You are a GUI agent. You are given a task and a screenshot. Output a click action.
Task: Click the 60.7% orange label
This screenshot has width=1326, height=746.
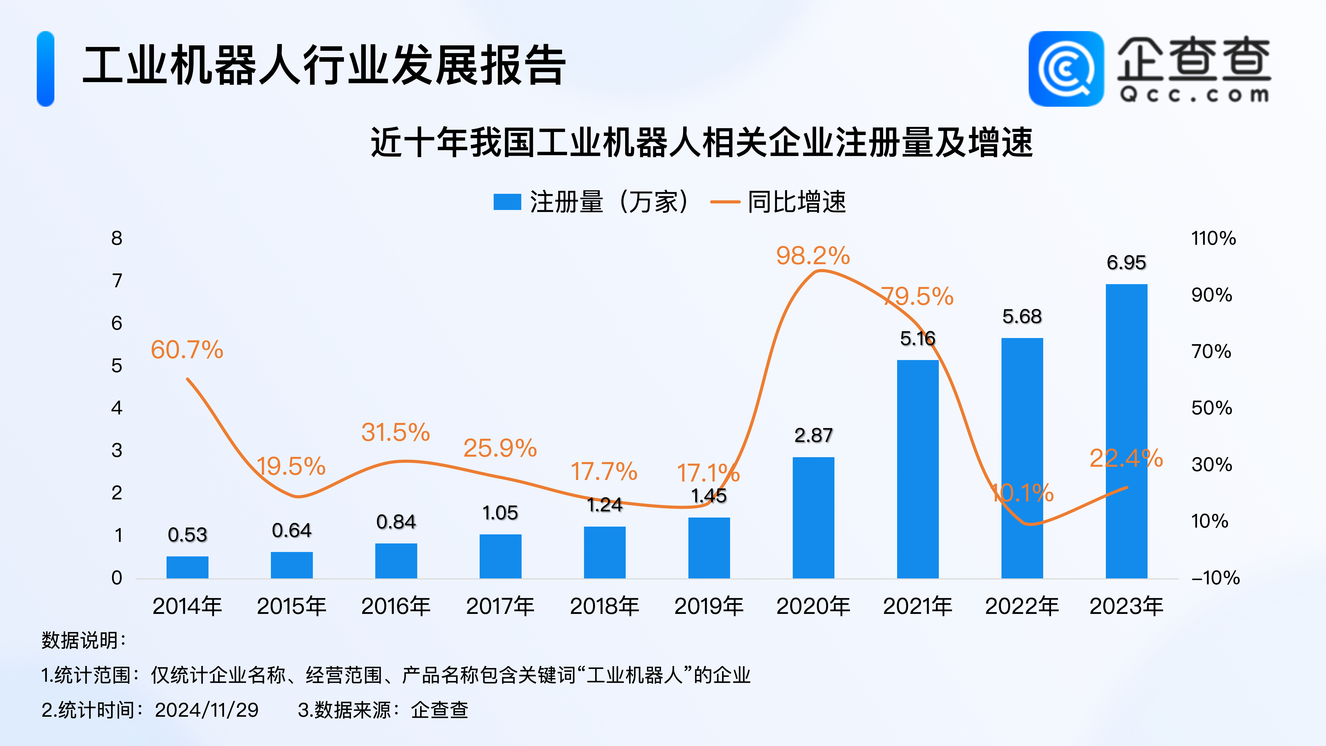(x=187, y=350)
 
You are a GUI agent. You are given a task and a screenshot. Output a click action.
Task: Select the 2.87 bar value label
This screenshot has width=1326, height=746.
(x=813, y=435)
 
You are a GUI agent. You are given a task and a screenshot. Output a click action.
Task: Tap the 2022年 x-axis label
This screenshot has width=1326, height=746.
(x=1022, y=606)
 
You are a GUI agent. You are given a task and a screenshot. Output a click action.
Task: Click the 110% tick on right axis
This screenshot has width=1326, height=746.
(x=1213, y=238)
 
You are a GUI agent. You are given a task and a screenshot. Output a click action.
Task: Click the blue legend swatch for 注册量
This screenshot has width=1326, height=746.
(x=507, y=202)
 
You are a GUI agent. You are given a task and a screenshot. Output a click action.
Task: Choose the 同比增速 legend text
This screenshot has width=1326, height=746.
(x=796, y=202)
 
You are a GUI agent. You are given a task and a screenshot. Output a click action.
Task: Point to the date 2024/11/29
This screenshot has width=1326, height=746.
(x=206, y=710)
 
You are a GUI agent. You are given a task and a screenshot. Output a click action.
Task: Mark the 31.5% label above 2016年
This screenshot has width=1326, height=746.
(x=395, y=433)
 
